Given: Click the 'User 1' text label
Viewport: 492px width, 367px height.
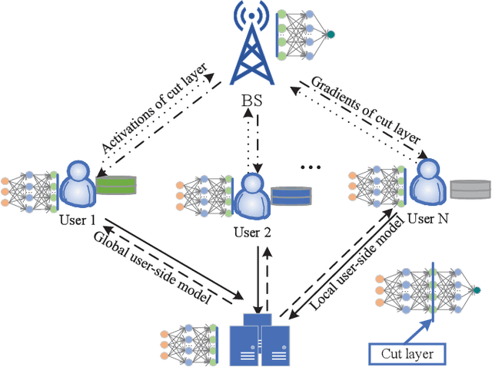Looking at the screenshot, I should tap(78, 220).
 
